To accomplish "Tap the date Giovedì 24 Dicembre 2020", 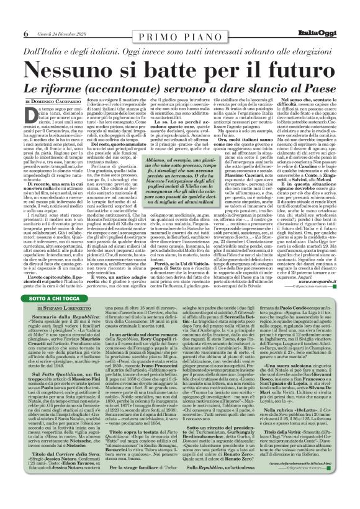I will point(60,33).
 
